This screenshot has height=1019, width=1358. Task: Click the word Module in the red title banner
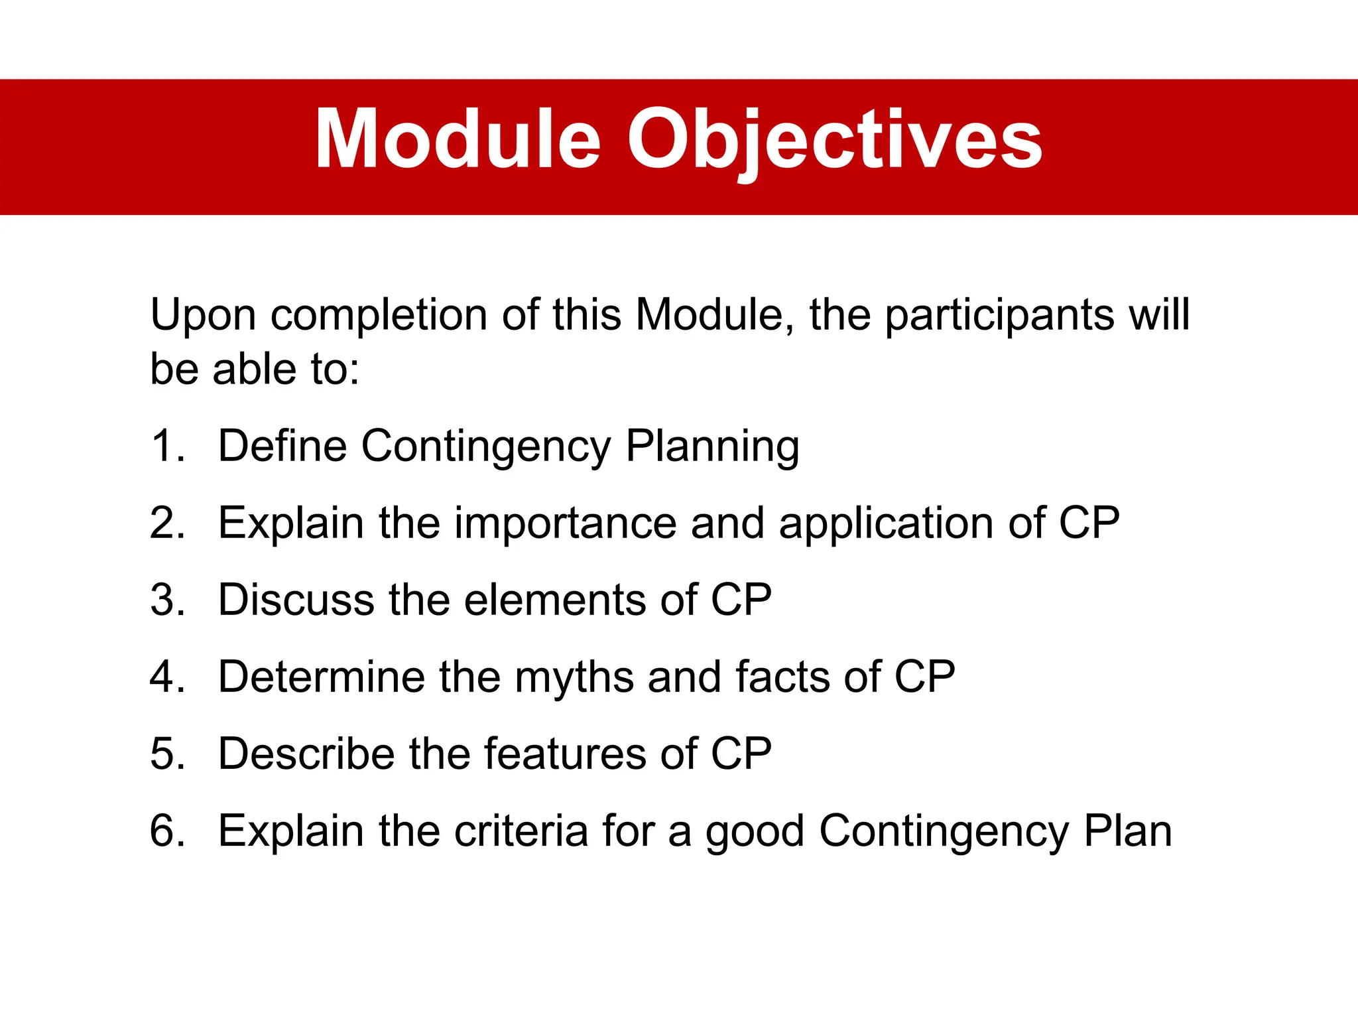[x=458, y=141]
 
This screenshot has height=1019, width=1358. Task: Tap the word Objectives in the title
[x=835, y=141]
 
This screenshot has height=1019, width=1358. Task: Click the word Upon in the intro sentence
[x=203, y=316]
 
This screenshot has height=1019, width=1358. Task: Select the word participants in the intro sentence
[x=1000, y=316]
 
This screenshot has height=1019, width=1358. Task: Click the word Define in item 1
[x=282, y=446]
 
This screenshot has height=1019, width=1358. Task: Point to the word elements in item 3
[x=554, y=600]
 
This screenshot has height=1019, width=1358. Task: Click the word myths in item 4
[x=574, y=677]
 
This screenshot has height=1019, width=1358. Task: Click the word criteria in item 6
[x=521, y=831]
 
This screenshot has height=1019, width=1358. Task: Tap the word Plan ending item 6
[x=1127, y=831]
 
